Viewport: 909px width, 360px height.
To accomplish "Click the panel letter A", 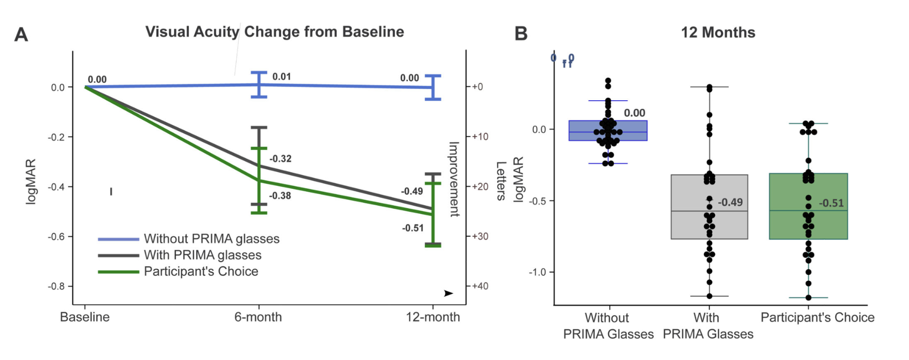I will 21,35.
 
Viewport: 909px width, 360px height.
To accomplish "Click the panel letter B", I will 521,34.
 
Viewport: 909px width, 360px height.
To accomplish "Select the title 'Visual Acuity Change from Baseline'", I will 274,32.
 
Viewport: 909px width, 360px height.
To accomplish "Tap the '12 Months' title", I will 718,33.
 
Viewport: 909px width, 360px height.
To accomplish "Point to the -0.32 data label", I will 280,159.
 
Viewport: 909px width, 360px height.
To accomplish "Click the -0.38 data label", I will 280,196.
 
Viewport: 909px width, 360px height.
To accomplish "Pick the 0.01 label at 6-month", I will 281,76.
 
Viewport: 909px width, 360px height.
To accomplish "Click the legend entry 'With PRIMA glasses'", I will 202,255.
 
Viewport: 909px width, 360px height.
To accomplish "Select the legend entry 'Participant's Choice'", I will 200,271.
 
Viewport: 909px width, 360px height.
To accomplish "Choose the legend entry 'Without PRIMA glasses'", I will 211,239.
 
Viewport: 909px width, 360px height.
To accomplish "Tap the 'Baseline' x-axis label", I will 85,317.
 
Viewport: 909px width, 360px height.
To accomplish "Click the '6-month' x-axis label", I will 258,317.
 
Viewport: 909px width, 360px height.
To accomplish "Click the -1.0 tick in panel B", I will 537,272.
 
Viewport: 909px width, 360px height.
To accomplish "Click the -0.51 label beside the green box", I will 831,203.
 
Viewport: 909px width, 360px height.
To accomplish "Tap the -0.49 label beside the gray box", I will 730,202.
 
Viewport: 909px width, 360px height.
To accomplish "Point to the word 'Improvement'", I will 454,179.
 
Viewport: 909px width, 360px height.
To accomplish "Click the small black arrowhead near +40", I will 448,293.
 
